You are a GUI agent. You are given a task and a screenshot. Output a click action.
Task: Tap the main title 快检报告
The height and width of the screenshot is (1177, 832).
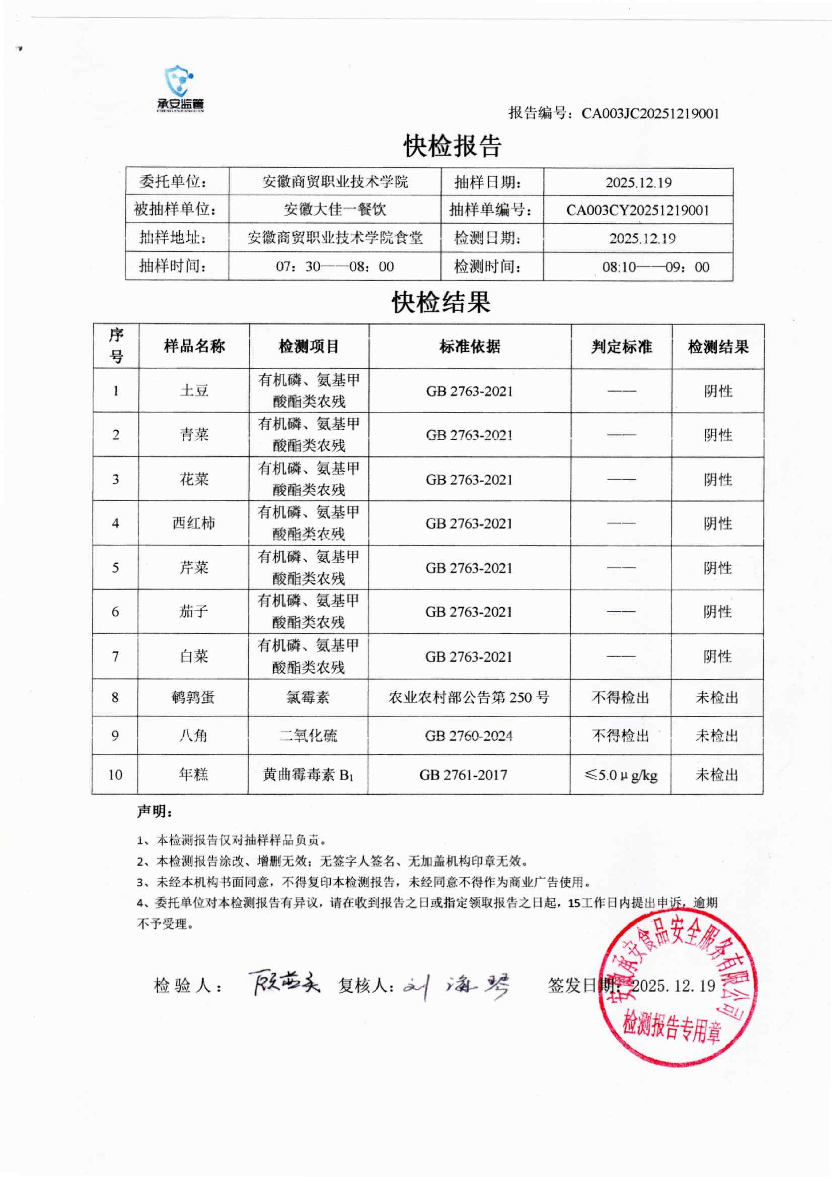452,146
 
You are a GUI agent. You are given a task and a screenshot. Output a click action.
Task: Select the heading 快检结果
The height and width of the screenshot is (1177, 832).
441,302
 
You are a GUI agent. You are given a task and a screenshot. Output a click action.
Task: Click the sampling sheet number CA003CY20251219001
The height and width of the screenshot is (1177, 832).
638,210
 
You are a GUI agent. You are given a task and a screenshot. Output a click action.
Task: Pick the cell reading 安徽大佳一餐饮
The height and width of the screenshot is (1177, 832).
335,209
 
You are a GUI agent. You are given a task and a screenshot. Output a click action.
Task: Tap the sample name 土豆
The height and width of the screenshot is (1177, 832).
194,391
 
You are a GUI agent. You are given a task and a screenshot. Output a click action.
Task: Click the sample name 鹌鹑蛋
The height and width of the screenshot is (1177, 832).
193,697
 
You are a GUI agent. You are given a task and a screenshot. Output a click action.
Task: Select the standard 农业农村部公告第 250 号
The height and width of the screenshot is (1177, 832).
469,697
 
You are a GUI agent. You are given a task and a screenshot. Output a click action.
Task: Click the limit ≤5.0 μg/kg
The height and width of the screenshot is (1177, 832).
620,775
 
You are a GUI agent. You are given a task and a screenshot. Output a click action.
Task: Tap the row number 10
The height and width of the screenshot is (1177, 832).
115,775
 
